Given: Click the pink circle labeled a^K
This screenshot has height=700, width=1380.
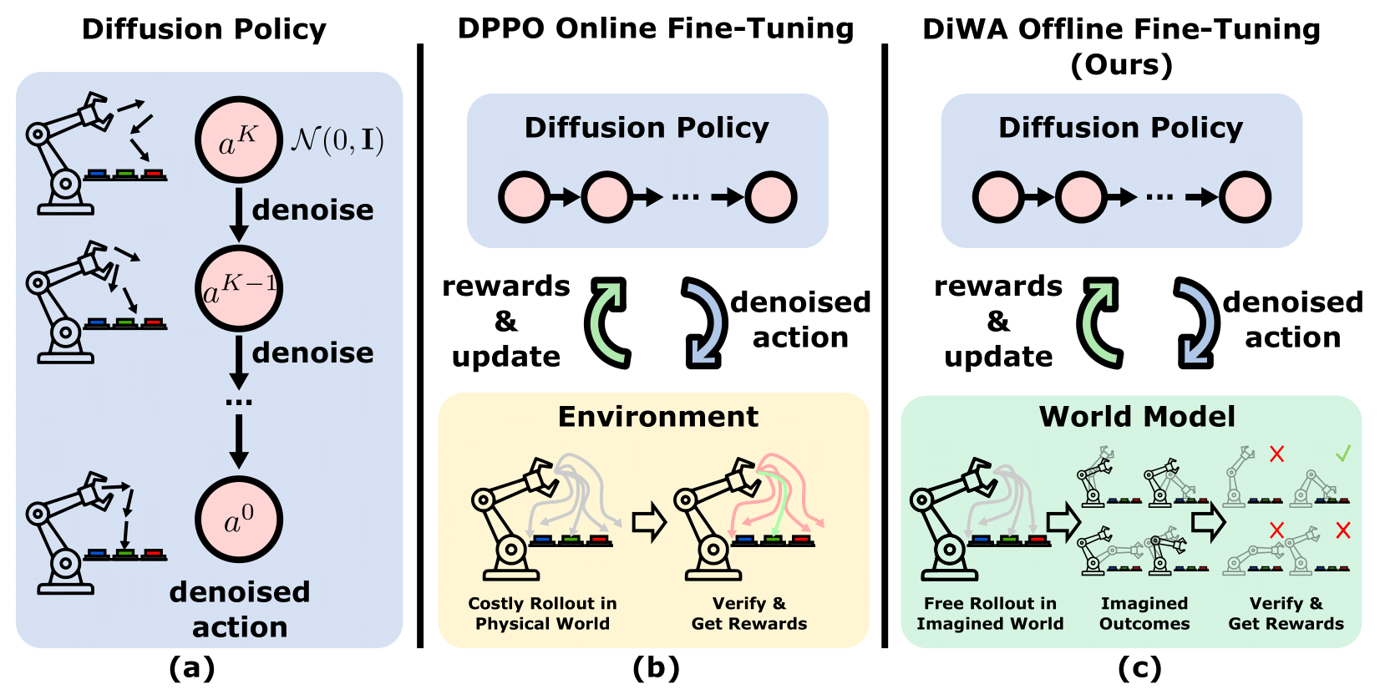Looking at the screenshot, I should [238, 140].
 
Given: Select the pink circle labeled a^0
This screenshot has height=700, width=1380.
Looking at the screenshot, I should [238, 520].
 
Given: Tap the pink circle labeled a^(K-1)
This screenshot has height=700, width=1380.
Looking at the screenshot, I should [238, 289].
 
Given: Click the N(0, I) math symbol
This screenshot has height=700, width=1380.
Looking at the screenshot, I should [337, 140].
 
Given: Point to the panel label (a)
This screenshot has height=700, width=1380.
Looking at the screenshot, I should [191, 668].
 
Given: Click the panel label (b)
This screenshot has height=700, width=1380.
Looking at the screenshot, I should [656, 668].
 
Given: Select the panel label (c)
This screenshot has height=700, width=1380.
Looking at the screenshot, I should [1139, 668].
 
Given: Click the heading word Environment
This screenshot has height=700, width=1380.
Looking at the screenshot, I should [658, 416].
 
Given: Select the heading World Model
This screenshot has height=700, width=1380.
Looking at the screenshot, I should [1136, 416].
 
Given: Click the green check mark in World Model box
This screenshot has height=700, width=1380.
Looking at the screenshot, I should [1342, 454].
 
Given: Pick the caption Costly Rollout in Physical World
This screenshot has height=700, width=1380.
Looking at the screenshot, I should [542, 613].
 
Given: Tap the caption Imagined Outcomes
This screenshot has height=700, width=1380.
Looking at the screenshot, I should [1144, 613].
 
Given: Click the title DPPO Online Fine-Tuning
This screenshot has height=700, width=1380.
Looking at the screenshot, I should [656, 28].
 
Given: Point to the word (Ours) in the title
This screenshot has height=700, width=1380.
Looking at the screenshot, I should [1121, 64].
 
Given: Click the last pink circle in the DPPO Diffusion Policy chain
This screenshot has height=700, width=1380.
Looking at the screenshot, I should [770, 198].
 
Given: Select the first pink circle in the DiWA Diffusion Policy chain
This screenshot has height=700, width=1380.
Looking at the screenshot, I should [997, 198].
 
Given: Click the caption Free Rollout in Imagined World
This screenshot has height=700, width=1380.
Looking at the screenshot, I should [990, 613].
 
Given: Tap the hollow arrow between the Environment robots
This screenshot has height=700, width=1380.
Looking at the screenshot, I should [648, 522].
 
